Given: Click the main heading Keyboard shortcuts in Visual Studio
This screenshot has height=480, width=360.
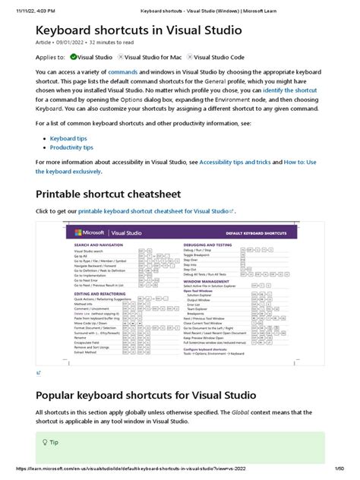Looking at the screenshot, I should point(138,31).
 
